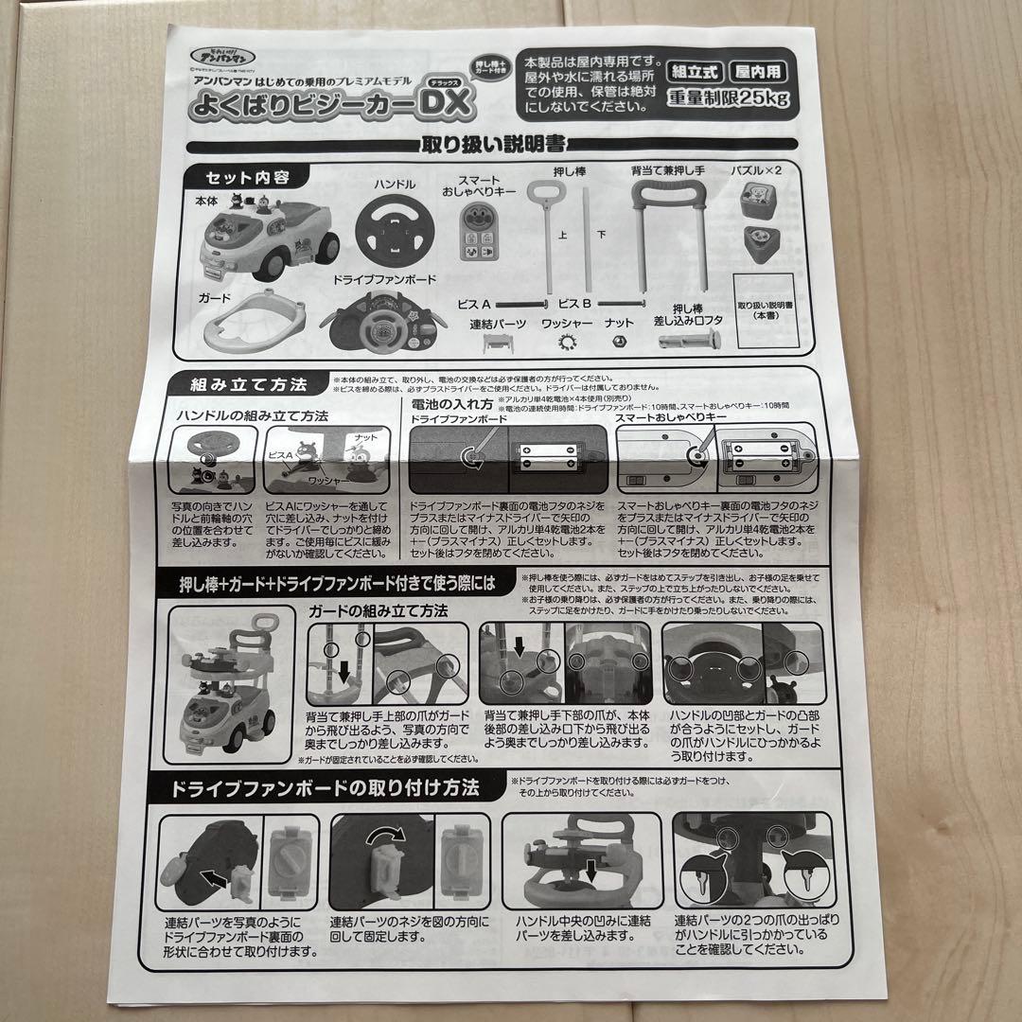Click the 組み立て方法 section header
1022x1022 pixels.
pyautogui.click(x=249, y=384)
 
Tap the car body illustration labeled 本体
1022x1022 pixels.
pyautogui.click(x=268, y=241)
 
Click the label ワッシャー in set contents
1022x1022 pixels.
pyautogui.click(x=567, y=324)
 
